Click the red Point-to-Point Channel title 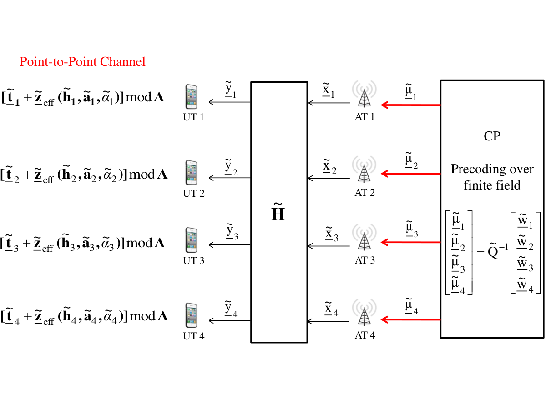pyautogui.click(x=82, y=62)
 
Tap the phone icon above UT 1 pyautogui.click(x=191, y=97)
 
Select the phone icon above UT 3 pyautogui.click(x=191, y=240)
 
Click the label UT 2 pyautogui.click(x=193, y=194)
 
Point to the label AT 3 pyautogui.click(x=364, y=260)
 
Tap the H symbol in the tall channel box pyautogui.click(x=278, y=212)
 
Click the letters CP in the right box pyautogui.click(x=492, y=136)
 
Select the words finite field pyautogui.click(x=492, y=185)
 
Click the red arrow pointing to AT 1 pyautogui.click(x=411, y=105)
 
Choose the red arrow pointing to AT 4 pyautogui.click(x=411, y=319)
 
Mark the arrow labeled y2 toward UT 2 pyautogui.click(x=230, y=178)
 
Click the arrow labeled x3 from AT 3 pyautogui.click(x=329, y=246)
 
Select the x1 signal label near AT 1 pyautogui.click(x=329, y=90)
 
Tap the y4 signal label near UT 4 pyautogui.click(x=231, y=309)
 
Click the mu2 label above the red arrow pyautogui.click(x=411, y=160)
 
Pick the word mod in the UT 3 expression pyautogui.click(x=139, y=243)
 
